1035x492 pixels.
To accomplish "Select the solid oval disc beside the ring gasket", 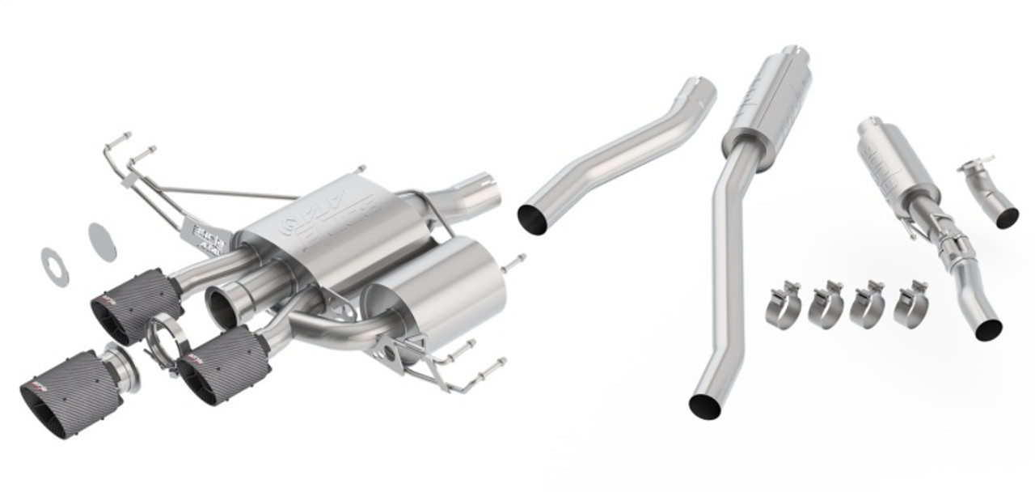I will (102, 241).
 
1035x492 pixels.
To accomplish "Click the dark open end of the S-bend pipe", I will (534, 218).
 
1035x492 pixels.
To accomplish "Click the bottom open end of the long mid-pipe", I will (704, 405).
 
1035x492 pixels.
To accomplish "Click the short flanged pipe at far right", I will (991, 194).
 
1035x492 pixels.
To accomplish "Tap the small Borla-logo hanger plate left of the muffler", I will (209, 231).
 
